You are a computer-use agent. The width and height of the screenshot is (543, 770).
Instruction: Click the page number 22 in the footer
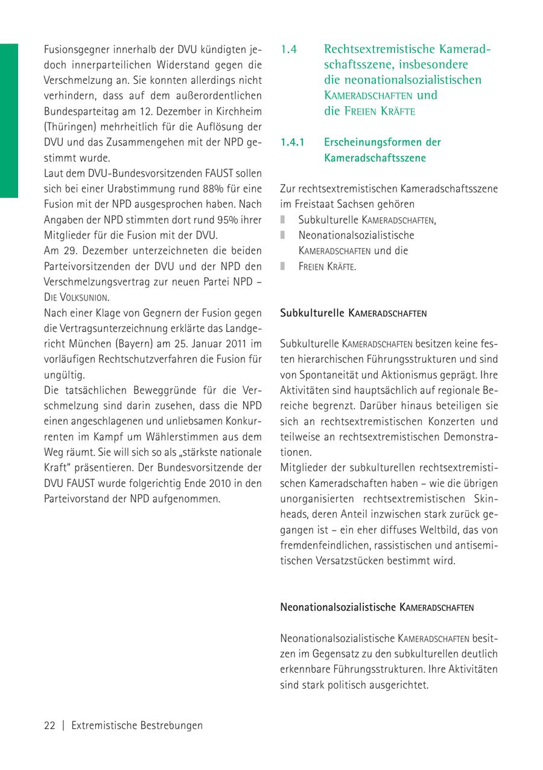coord(49,726)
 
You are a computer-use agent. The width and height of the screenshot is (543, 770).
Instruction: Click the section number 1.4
coord(290,49)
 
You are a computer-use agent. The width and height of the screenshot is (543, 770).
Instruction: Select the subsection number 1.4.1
coord(294,142)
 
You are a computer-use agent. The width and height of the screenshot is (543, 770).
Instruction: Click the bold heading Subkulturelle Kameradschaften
coord(354,314)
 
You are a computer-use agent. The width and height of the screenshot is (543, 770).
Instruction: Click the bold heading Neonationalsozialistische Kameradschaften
coord(377,607)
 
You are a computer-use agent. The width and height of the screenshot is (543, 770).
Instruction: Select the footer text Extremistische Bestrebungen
coord(137,726)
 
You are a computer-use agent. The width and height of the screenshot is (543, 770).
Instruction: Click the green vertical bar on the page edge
coord(8,121)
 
